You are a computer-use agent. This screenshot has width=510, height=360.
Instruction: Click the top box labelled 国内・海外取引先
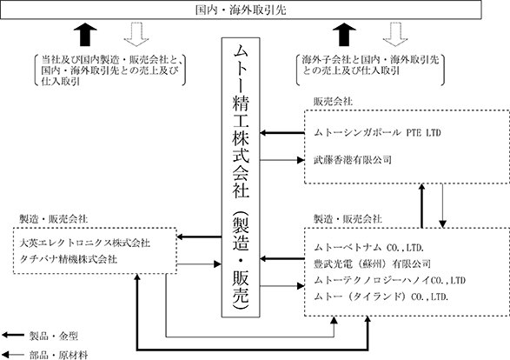pos(241,10)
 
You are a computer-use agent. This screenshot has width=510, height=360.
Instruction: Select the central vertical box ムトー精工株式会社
pos(241,177)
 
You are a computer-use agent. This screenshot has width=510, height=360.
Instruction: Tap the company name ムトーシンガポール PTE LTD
pos(377,133)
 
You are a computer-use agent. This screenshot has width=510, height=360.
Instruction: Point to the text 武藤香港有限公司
pos(352,160)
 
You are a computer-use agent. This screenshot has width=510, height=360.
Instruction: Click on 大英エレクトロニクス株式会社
pos(85,243)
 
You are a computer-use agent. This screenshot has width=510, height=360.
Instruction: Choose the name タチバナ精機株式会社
pos(69,259)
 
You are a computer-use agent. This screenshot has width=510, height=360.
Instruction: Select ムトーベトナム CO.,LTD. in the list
pos(369,248)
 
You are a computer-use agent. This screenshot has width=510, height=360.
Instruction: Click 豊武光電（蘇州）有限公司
pos(372,263)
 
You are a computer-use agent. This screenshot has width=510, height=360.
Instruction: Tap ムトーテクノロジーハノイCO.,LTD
pos(389,280)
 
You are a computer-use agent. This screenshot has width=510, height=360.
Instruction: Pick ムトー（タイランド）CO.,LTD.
pos(381,297)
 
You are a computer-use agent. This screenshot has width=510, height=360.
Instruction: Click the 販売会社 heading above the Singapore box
pos(333,102)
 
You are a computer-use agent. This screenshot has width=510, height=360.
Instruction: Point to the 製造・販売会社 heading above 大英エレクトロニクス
pos(53,219)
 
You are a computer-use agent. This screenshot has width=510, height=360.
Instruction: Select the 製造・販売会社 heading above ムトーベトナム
pos(348,219)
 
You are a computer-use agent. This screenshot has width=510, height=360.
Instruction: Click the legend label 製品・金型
pos(54,337)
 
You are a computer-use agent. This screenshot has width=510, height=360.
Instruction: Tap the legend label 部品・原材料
pos(59,355)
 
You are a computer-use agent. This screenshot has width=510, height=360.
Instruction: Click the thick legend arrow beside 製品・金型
pos(13,335)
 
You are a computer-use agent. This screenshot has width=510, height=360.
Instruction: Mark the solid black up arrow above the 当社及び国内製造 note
pos(85,34)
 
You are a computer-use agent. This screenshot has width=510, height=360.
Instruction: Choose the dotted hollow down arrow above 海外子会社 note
pos(395,34)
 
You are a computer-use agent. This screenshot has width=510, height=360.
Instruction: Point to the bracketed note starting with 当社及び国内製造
pos(110,70)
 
